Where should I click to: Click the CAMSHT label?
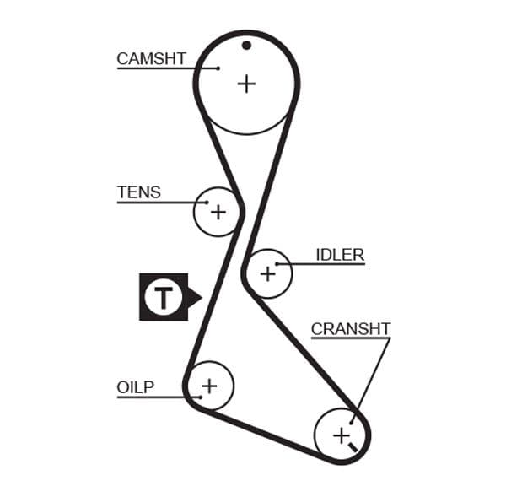(151, 58)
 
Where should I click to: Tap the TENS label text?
(138, 192)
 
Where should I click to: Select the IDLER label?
(340, 254)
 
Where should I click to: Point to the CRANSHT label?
(351, 328)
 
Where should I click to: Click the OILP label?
(135, 387)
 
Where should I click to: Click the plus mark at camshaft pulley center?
(245, 84)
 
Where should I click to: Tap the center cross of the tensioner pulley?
(218, 211)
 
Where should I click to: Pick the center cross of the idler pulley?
(268, 273)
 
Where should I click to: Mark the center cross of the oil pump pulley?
(208, 386)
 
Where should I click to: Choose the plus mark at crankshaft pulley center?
(341, 435)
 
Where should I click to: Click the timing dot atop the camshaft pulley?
(246, 45)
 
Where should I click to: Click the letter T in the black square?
(163, 297)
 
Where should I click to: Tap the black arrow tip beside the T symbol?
(200, 297)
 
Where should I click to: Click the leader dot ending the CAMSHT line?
(218, 68)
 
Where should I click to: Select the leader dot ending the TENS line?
(207, 203)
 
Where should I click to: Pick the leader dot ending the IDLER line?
(277, 264)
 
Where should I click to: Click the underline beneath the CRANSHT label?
(351, 338)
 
